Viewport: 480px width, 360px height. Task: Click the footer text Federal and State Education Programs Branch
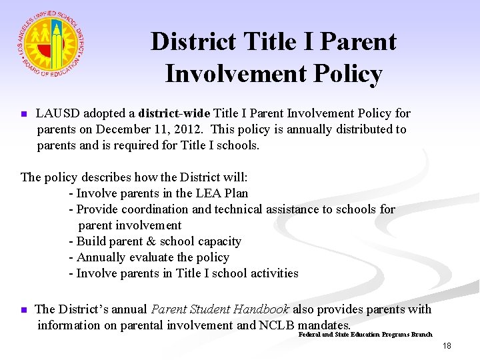point(365,334)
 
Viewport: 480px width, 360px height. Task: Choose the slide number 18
point(446,346)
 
